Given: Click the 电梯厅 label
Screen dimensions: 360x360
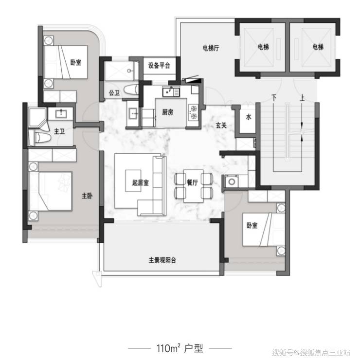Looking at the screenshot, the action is coord(211,48).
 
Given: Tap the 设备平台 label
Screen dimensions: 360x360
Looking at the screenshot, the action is coord(159,66).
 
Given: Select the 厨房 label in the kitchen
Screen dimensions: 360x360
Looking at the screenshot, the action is coord(168,112).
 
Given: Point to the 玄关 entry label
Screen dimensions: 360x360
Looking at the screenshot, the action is coord(221,126).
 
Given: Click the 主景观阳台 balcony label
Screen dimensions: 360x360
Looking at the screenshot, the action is coord(162,260).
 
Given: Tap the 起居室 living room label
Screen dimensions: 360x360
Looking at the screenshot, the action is coord(140,183).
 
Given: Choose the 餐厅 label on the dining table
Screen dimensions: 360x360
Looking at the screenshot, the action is coord(192,182).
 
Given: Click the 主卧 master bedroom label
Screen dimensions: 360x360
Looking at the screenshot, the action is coord(87,196).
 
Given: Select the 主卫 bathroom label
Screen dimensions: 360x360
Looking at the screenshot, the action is coord(59,131).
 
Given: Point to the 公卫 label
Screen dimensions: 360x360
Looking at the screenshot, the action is coord(114,93).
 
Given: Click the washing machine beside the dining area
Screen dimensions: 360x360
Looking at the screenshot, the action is coord(232,182).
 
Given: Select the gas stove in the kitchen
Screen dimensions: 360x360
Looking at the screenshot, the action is coord(194,112).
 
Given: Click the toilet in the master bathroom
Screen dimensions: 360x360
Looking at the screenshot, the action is coord(42,138).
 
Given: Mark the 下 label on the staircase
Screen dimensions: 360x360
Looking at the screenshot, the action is coord(274,98).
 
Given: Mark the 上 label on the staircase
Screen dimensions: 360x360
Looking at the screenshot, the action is coord(302,98).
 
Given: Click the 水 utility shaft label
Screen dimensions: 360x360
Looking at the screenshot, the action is coord(249,117).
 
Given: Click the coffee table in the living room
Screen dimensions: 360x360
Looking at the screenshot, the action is coord(133,181).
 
